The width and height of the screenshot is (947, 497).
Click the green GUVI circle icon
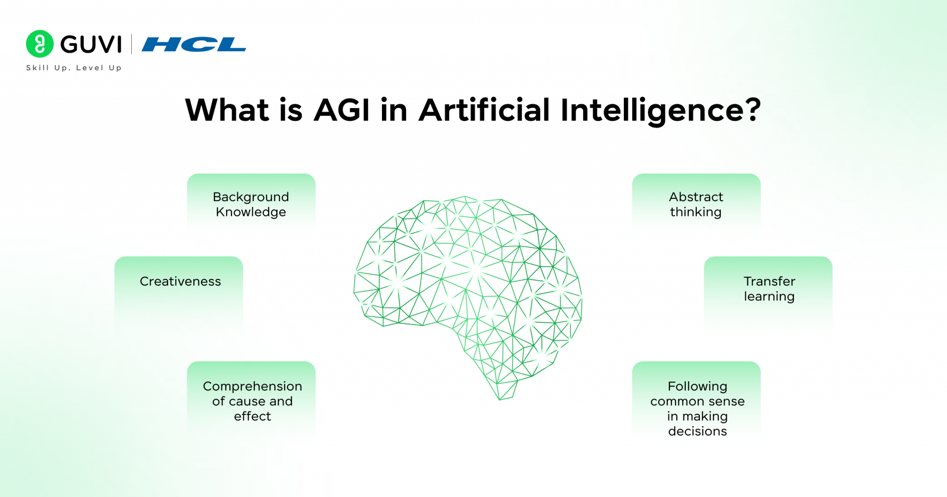point(40,44)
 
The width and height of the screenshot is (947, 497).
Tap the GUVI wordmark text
point(91,44)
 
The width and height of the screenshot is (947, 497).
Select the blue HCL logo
point(194,44)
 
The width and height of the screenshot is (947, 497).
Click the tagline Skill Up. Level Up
point(74,68)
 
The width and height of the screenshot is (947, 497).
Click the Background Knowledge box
point(251,203)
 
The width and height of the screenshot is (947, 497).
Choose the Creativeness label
point(180,281)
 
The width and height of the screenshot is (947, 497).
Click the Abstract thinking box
point(696,203)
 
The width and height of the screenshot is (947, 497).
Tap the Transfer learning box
point(769,289)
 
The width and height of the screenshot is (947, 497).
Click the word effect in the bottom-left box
point(252,416)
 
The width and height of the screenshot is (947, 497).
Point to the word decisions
point(697,431)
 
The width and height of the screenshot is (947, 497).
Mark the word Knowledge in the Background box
point(251,212)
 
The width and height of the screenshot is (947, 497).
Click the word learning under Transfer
point(769,296)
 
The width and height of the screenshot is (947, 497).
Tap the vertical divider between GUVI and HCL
point(132,44)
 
